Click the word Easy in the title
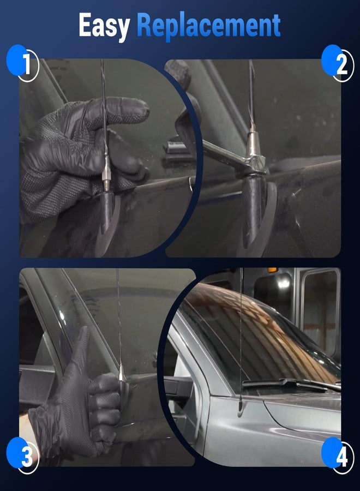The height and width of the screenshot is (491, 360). [x=104, y=26]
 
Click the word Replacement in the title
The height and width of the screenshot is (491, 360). [x=208, y=26]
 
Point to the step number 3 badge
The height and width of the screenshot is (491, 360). [x=23, y=456]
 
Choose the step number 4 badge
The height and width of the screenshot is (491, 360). [x=338, y=456]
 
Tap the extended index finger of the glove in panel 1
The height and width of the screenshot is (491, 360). [x=119, y=110]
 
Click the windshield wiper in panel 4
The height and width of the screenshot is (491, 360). [x=291, y=384]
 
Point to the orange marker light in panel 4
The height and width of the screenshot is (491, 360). [x=272, y=270]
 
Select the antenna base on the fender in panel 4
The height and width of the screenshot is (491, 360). [x=240, y=406]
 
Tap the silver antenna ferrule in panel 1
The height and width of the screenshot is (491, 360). [x=106, y=171]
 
